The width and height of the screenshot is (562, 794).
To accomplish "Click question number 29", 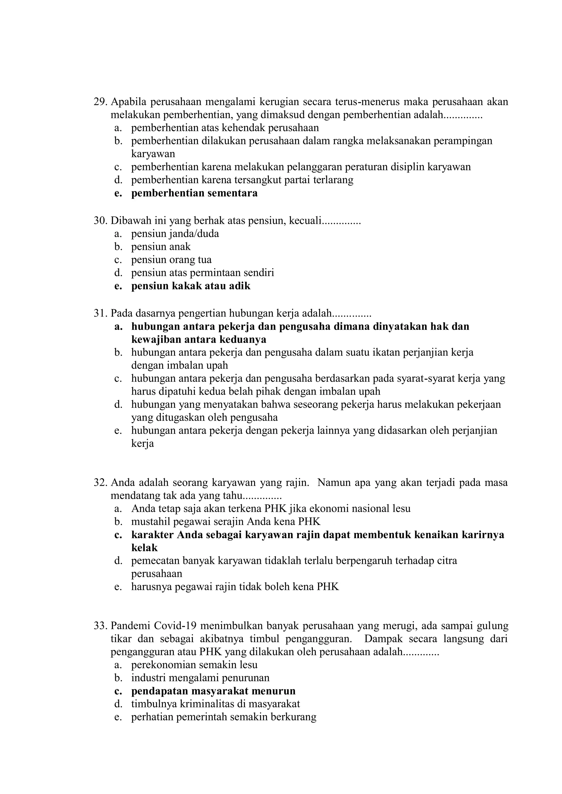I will point(100,102).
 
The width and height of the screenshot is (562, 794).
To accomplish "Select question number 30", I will point(100,221).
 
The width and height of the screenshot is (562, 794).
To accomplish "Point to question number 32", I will point(100,482).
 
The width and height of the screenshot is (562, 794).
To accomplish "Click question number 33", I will point(100,626).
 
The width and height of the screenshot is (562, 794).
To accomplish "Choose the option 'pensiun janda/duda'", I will point(175,234).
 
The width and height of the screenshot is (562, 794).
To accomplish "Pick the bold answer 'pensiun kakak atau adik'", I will point(190,286).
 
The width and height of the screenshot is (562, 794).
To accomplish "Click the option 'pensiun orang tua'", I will point(171,260).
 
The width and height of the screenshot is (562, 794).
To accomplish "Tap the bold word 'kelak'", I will point(144,548).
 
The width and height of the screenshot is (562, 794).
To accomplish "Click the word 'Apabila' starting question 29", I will point(129,102).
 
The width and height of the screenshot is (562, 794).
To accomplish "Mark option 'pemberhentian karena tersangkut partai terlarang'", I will point(242,180).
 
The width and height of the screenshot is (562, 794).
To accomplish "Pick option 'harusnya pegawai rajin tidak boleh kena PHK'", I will point(235,587).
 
